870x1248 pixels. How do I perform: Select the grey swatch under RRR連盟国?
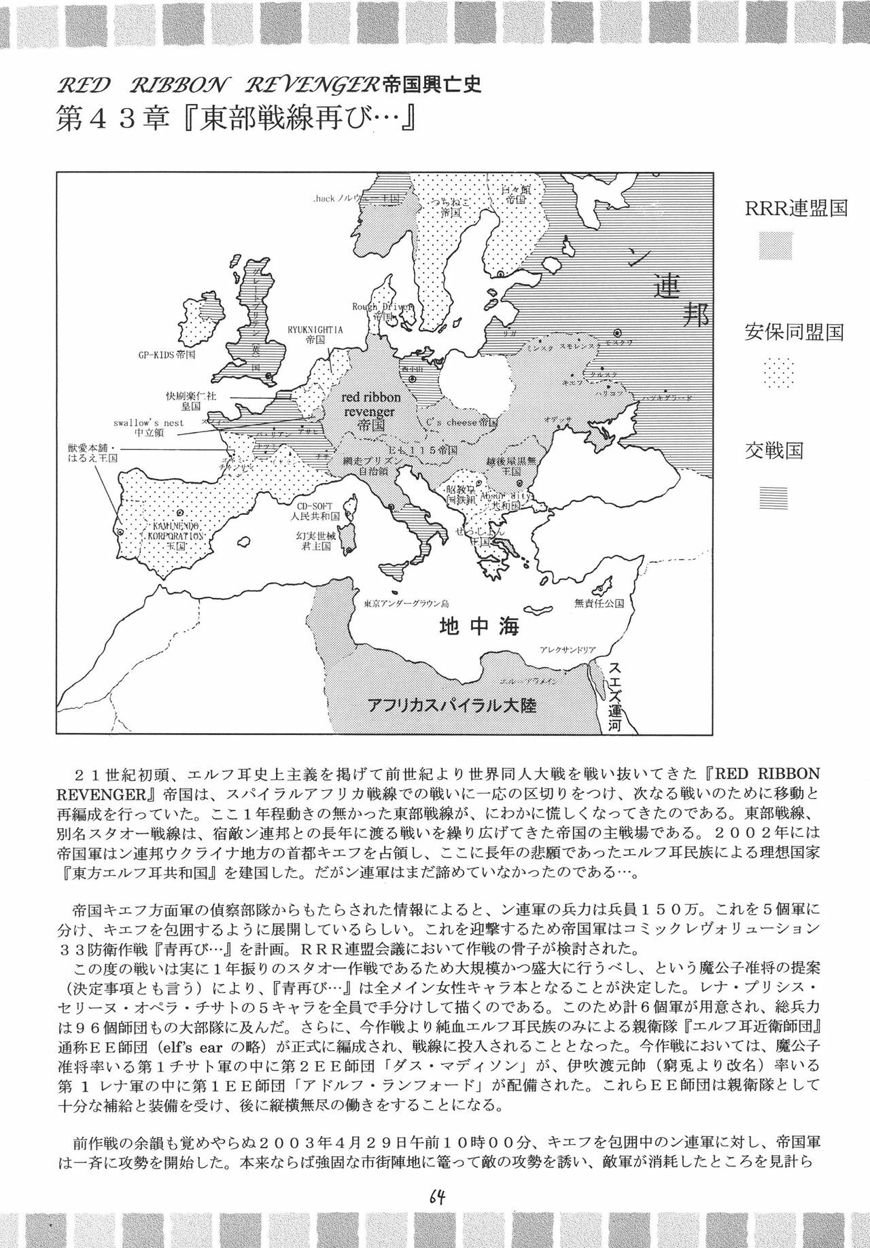pos(775,245)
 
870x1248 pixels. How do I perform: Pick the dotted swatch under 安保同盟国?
pos(775,373)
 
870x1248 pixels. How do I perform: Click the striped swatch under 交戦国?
pos(775,498)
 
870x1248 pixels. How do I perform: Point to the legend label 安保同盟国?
pos(794,332)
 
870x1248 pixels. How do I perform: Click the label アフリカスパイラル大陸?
pos(451,705)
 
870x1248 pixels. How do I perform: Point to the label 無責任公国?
pos(599,603)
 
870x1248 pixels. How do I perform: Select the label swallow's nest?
pos(148,422)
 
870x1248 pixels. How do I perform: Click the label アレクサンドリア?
pos(568,650)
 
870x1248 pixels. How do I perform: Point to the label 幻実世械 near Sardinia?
pos(313,535)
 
